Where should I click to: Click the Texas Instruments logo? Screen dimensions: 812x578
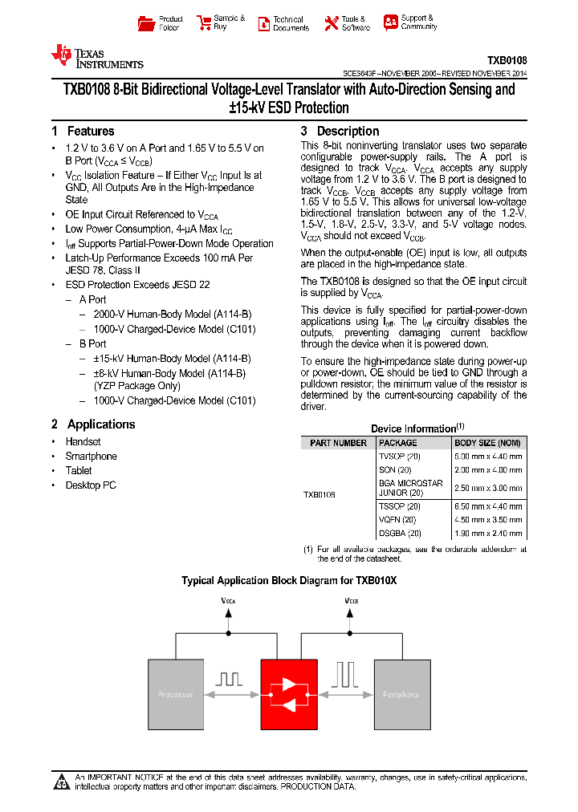pos(96,56)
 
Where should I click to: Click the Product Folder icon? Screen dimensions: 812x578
pos(145,23)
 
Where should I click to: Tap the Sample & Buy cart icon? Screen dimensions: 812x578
pos(201,23)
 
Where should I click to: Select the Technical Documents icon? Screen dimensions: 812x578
pos(263,23)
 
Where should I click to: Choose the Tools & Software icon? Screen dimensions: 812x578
pos(331,23)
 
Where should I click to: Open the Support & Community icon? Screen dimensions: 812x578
pos(390,22)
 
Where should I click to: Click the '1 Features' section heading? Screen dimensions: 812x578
pos(83,132)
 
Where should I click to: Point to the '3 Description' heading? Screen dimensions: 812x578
pos(340,132)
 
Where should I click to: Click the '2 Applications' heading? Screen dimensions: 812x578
pos(93,424)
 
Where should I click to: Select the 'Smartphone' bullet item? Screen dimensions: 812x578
pos(91,457)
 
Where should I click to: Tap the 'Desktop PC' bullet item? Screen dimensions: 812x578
pos(90,485)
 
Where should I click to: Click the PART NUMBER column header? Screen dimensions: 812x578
pos(338,443)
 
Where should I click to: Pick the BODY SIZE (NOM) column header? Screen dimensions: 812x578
pos(486,443)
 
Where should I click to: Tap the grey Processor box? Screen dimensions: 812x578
pos(177,695)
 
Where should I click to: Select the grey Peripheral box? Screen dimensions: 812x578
pos(402,695)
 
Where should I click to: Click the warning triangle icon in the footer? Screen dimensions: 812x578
pos(62,782)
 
